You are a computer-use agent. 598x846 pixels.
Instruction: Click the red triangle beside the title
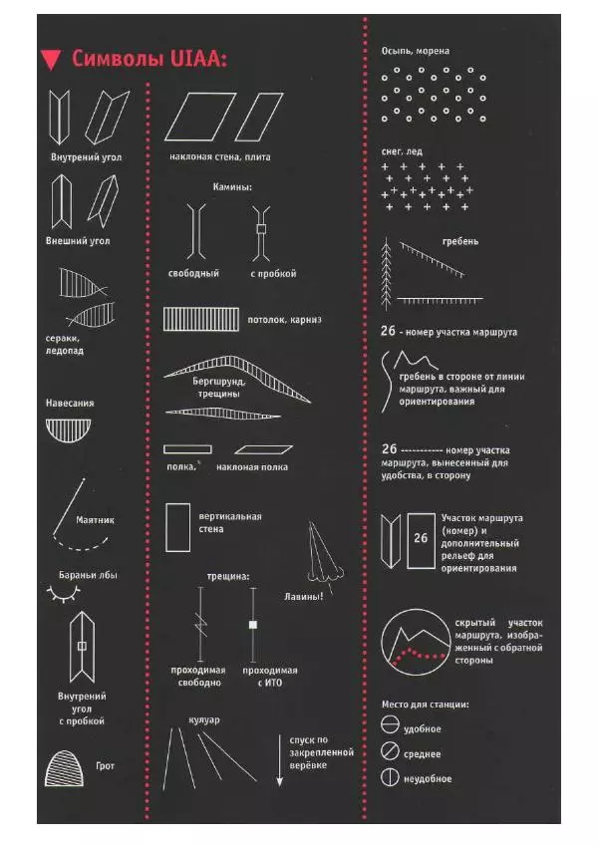51,60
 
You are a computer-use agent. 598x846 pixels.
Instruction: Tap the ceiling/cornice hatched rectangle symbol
200,319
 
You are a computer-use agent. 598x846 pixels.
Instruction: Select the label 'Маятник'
95,520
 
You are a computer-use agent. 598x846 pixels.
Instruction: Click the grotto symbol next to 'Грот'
64,768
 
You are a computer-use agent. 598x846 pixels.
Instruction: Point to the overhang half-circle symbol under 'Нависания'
68,430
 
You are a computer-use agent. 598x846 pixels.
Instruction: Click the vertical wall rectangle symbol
177,528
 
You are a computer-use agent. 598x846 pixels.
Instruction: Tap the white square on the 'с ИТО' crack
252,625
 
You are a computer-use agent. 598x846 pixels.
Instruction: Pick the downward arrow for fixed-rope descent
280,760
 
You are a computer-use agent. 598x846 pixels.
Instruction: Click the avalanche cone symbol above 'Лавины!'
324,556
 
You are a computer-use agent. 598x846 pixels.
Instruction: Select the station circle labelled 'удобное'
390,724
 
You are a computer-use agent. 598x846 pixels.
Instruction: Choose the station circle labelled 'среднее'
390,750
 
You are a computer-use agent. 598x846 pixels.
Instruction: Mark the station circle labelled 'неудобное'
390,777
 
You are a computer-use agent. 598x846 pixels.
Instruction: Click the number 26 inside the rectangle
421,538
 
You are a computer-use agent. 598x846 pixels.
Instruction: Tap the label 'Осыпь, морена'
415,51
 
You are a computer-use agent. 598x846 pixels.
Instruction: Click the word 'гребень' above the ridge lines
460,242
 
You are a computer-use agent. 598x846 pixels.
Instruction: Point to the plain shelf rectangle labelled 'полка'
187,449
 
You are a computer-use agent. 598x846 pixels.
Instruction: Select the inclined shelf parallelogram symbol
263,449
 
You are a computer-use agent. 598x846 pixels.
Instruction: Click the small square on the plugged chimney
261,229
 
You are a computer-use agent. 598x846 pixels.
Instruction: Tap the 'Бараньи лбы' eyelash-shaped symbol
64,594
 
